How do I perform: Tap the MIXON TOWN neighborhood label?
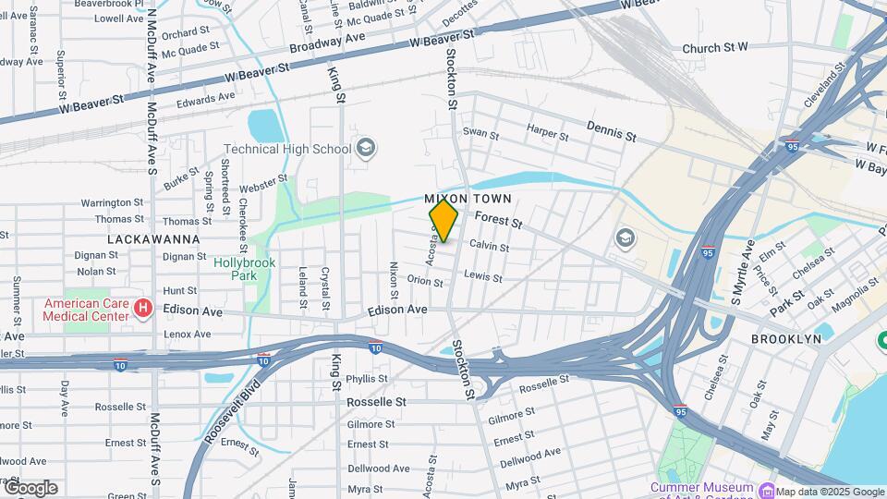coord(468,200)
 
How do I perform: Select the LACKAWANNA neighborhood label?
coord(153,238)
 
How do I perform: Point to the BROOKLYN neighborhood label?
coord(785,339)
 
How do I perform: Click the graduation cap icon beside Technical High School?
coord(366,149)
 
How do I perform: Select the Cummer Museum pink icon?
coord(766,488)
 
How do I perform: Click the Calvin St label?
coord(489,246)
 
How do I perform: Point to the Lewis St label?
coord(482,276)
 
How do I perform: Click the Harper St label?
coord(548,133)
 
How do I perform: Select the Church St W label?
coord(714,48)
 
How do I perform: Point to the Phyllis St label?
coord(367,379)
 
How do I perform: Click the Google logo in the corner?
coord(30,488)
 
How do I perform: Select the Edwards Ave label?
coord(206,98)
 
